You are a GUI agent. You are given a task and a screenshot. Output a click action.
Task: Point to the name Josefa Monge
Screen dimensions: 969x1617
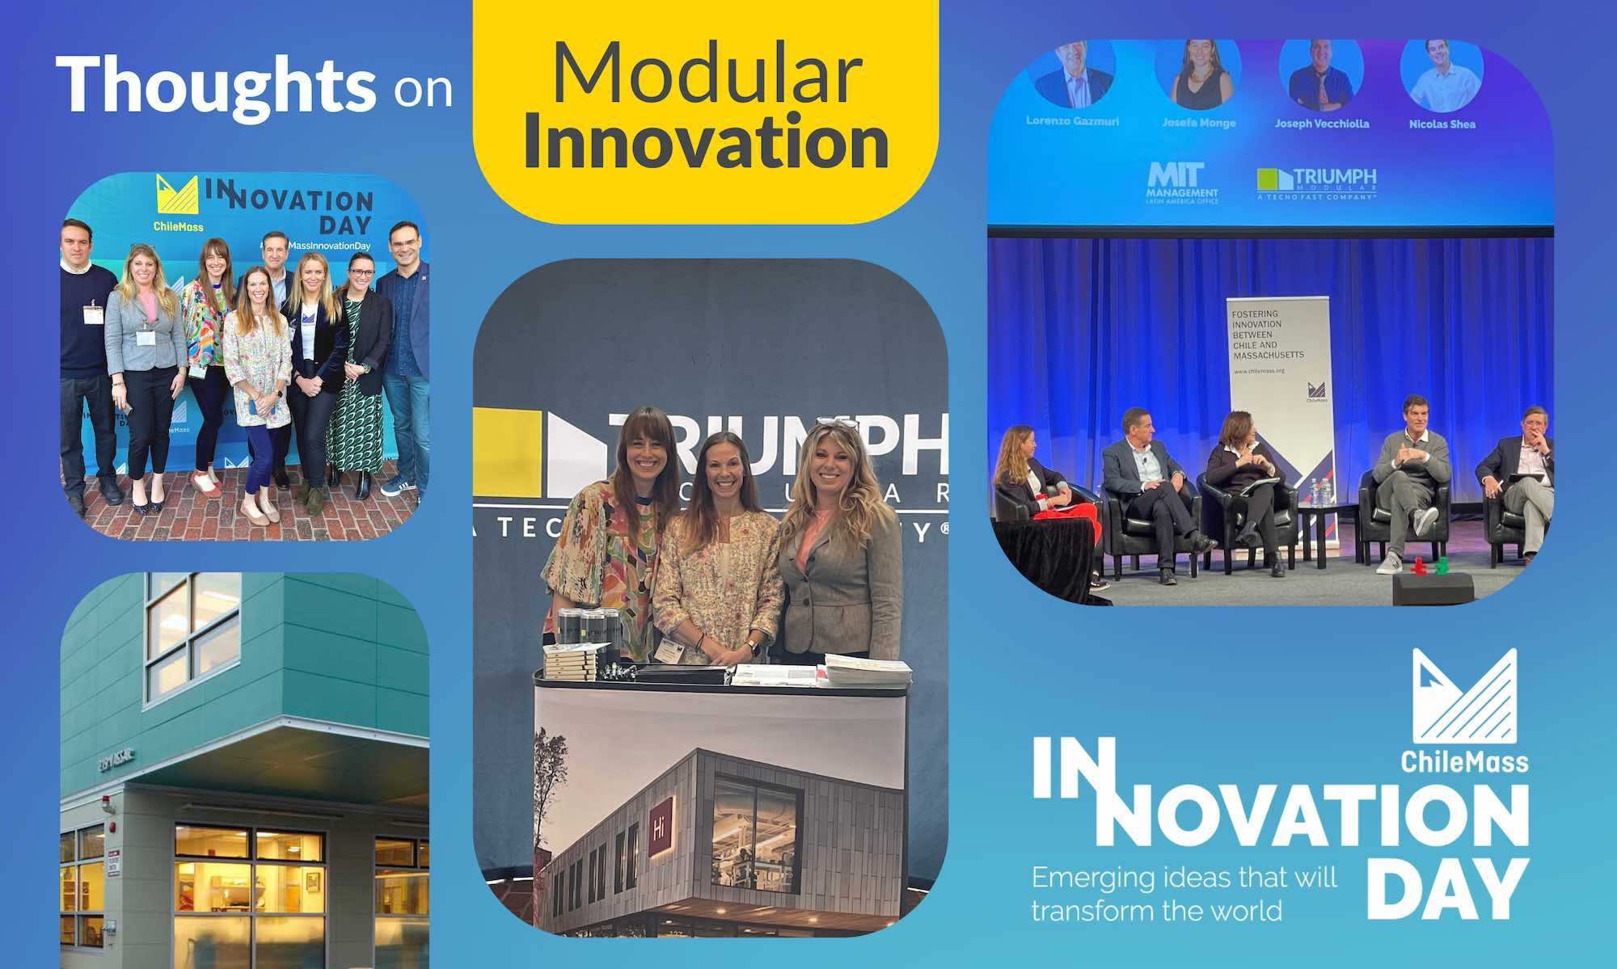pyautogui.click(x=1198, y=124)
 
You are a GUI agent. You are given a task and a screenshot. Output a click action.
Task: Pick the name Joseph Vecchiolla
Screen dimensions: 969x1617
pyautogui.click(x=1322, y=124)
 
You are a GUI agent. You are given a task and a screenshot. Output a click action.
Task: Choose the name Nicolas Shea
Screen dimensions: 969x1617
pyautogui.click(x=1442, y=124)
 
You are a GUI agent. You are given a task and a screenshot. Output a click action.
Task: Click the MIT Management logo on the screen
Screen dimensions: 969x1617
pyautogui.click(x=1182, y=183)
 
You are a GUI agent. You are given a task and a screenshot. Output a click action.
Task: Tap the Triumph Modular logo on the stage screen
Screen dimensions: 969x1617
pyautogui.click(x=1316, y=183)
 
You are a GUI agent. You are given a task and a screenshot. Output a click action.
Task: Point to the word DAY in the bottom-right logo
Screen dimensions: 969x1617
pyautogui.click(x=1447, y=889)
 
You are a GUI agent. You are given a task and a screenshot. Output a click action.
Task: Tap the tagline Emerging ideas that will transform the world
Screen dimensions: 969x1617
pyautogui.click(x=1184, y=894)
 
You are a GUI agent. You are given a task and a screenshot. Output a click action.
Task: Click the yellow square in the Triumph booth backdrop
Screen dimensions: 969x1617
pyautogui.click(x=507, y=453)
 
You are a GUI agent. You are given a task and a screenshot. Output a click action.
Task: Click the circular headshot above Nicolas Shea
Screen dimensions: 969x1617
pyautogui.click(x=1442, y=75)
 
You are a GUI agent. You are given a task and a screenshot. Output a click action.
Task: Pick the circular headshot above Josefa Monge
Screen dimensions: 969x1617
pyautogui.click(x=1197, y=75)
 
